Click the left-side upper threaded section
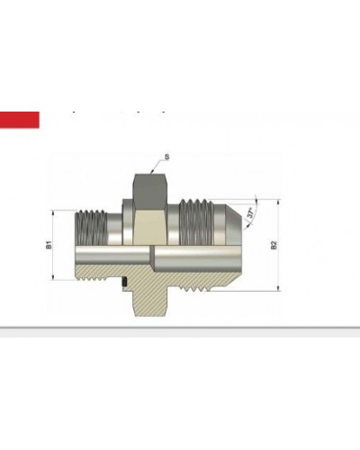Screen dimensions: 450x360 (x=93, y=225)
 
